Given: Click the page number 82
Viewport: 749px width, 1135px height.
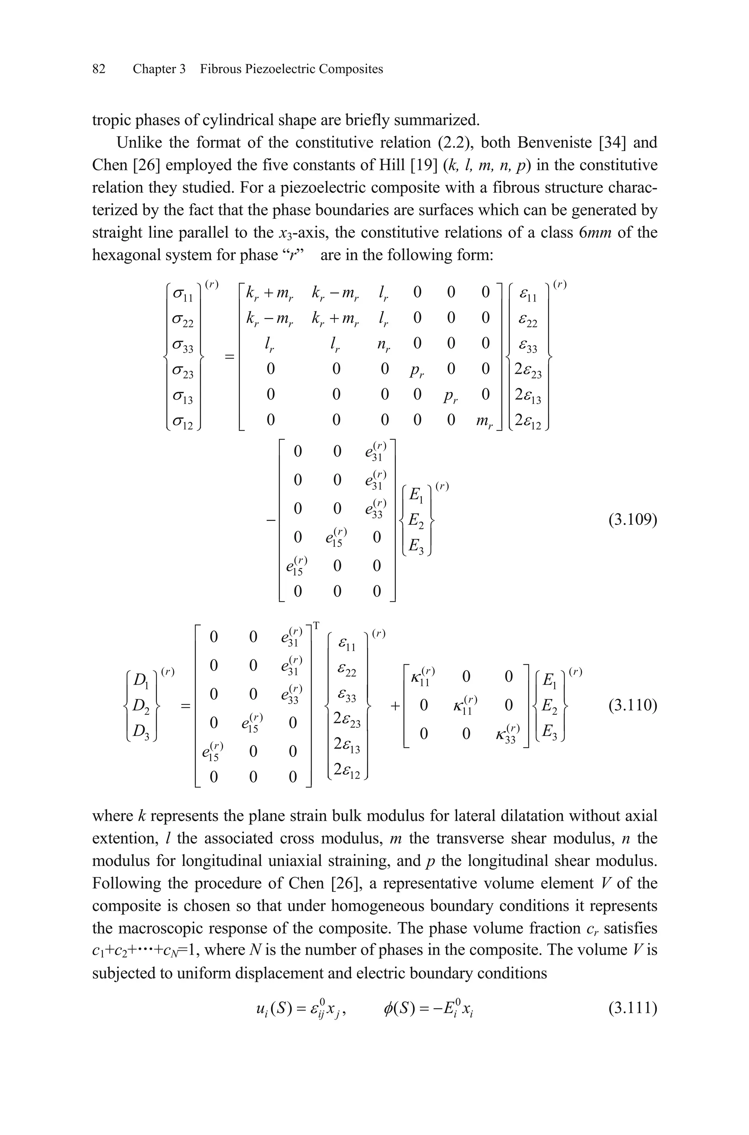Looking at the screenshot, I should click(98, 69).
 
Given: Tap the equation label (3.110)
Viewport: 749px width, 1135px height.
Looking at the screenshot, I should click(633, 705).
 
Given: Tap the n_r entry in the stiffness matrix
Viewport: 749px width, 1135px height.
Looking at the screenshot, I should click(384, 345).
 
